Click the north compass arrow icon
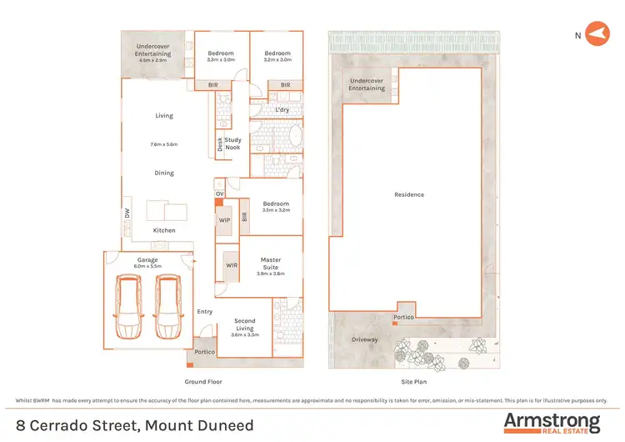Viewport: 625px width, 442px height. click(x=597, y=34)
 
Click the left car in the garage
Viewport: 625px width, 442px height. click(x=128, y=306)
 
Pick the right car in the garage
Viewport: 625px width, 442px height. click(x=169, y=306)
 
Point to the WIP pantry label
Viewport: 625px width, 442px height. click(x=224, y=220)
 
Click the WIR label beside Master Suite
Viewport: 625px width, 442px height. click(x=231, y=265)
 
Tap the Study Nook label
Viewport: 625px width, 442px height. click(x=232, y=143)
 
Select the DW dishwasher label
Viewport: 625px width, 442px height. click(x=127, y=213)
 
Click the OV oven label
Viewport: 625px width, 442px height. click(x=220, y=194)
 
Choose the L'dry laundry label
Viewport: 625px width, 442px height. click(x=282, y=110)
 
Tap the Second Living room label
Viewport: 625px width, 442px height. click(x=244, y=324)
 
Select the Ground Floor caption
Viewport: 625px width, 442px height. click(x=201, y=381)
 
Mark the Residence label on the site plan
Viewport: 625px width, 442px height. click(x=409, y=195)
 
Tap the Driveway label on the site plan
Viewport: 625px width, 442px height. click(x=366, y=339)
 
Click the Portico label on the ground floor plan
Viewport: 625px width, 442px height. click(x=205, y=352)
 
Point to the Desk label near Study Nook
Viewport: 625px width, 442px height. click(x=220, y=143)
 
